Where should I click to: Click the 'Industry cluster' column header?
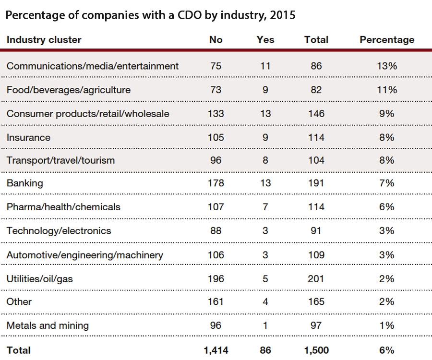tap(44, 40)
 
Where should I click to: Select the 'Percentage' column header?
tap(386, 40)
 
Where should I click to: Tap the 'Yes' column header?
tap(265, 40)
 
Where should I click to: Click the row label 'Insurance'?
tap(28, 137)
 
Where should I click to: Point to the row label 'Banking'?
tap(24, 183)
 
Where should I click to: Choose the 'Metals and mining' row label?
tap(48, 325)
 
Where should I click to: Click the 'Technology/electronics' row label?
tap(59, 230)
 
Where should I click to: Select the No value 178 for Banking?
tap(216, 183)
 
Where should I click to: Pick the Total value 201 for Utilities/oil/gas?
tap(316, 278)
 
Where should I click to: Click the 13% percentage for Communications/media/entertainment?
tap(386, 66)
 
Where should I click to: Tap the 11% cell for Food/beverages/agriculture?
tap(386, 90)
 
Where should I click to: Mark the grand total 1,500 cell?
tap(316, 350)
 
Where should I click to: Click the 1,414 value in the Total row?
tap(216, 350)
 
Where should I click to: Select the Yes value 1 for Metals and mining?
tap(265, 325)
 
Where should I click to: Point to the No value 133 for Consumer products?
tap(216, 114)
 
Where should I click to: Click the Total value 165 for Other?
tap(316, 301)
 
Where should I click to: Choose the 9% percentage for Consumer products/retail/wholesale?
tap(386, 114)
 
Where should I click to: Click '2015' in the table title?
tap(283, 15)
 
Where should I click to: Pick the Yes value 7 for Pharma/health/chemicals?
tap(265, 207)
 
